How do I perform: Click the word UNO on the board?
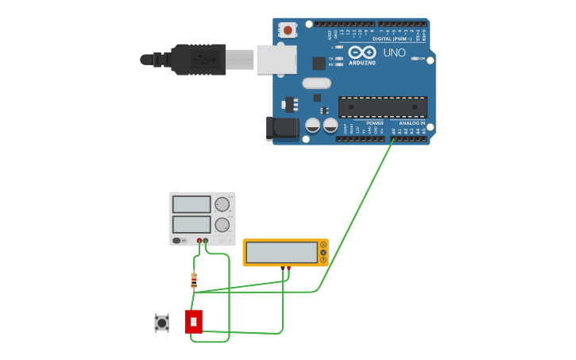tap(395, 53)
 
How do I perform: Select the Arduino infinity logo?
tap(361, 53)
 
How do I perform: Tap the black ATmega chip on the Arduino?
tap(383, 106)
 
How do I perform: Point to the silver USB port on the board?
tap(276, 60)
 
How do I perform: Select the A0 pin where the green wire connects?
tap(392, 139)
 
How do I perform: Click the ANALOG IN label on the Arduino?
tap(412, 123)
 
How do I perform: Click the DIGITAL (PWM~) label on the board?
tap(392, 38)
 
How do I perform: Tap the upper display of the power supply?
tap(191, 204)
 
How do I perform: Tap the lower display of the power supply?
tap(191, 224)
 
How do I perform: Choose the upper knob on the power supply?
tap(222, 203)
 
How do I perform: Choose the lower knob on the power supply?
tap(222, 224)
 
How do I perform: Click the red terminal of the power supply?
tap(199, 240)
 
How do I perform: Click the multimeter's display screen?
tap(281, 253)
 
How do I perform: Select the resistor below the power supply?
tap(194, 280)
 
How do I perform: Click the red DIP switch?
tap(193, 321)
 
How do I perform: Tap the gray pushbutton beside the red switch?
tap(161, 323)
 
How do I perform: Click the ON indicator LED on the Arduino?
tap(414, 59)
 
